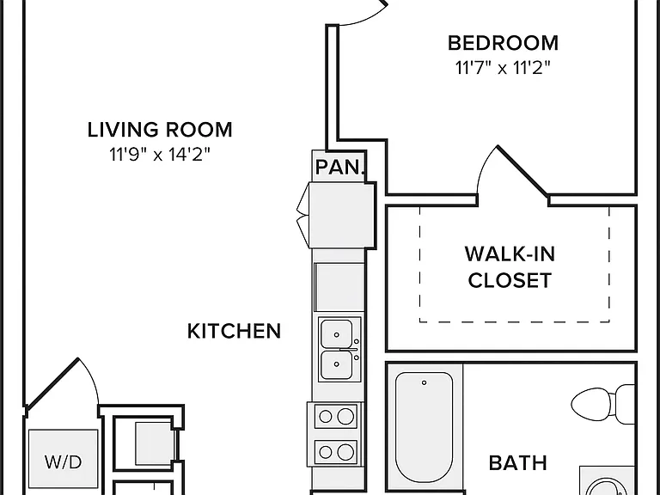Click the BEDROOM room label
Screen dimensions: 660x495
point(503,43)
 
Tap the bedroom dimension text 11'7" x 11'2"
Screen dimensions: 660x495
point(503,67)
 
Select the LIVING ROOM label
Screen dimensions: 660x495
point(160,130)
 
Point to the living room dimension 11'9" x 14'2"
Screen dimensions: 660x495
point(160,155)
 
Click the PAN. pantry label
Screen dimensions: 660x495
point(339,168)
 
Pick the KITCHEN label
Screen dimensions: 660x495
point(234,331)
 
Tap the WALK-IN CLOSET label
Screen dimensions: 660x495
point(510,267)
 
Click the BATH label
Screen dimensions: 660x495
point(518,463)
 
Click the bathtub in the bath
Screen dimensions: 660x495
point(425,427)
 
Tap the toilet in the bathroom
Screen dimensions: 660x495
point(602,404)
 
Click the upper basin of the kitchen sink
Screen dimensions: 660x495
point(336,333)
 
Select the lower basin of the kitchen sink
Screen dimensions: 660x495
point(336,365)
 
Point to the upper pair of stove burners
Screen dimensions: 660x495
point(336,416)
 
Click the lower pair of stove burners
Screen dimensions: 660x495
point(336,452)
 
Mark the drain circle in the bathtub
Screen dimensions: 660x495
point(424,382)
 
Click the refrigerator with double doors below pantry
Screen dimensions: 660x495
point(342,215)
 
